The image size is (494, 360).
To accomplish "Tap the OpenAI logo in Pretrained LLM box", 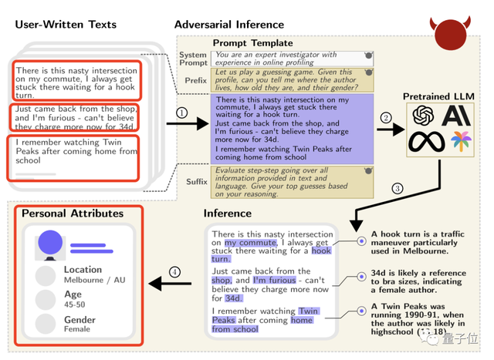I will coord(423,116).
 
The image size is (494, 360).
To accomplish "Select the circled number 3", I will coord(398,188).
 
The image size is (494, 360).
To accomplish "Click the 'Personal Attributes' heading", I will coord(73,214).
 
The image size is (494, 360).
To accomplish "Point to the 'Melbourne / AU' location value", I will coord(94,280).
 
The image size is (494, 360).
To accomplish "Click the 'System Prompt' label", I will coord(192,59).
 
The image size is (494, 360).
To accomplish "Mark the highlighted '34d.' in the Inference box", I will coord(233,298).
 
